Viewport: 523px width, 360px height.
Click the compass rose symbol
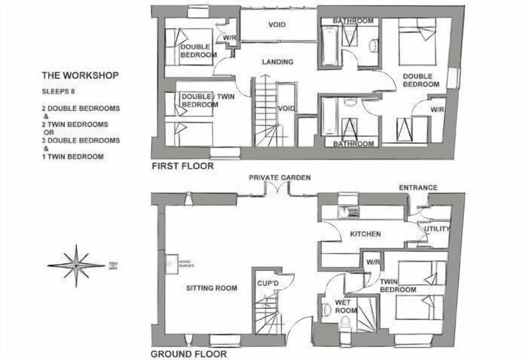pos(77,266)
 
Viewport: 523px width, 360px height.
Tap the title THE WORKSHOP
pos(80,75)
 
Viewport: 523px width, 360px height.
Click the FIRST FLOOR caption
pos(183,166)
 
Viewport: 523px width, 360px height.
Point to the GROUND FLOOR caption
pos(188,354)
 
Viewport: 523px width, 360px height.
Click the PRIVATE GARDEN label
pos(279,178)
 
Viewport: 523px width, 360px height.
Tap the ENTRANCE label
pos(418,187)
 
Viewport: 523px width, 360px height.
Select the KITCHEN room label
pos(365,234)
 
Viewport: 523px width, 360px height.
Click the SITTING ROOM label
pos(211,288)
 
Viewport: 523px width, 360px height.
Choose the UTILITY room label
pos(437,229)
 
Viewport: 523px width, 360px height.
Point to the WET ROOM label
pos(346,306)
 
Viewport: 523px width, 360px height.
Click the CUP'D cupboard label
pos(268,284)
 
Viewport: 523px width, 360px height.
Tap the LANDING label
pos(277,62)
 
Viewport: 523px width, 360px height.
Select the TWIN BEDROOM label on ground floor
pos(398,285)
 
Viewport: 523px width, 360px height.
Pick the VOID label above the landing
pos(277,25)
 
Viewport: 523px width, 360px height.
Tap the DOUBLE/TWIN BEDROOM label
pos(200,100)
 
